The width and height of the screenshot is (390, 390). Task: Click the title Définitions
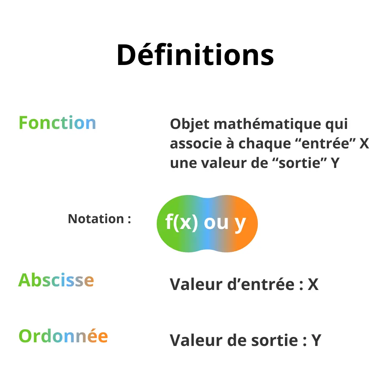[195, 55]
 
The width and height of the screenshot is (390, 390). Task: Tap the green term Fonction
[57, 123]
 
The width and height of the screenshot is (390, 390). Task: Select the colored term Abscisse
[56, 280]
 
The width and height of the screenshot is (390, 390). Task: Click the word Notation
[96, 218]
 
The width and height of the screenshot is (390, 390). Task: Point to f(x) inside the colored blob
[182, 222]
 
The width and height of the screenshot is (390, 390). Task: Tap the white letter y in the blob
[240, 224]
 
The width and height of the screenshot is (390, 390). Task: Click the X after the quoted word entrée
[364, 144]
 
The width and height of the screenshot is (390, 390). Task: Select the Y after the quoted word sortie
[335, 163]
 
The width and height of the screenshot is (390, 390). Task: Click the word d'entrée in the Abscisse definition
[261, 284]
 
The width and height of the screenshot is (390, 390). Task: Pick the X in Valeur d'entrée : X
[313, 284]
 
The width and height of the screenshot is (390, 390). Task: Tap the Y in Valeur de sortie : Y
[316, 340]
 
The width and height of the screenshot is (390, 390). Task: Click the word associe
[196, 144]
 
